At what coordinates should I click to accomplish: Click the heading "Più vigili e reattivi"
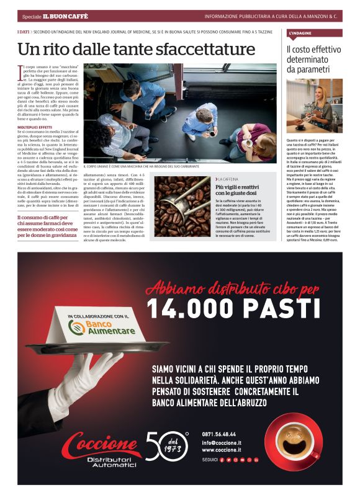[237, 187]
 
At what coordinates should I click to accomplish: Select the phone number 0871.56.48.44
[219, 434]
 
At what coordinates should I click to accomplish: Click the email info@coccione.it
[222, 443]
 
